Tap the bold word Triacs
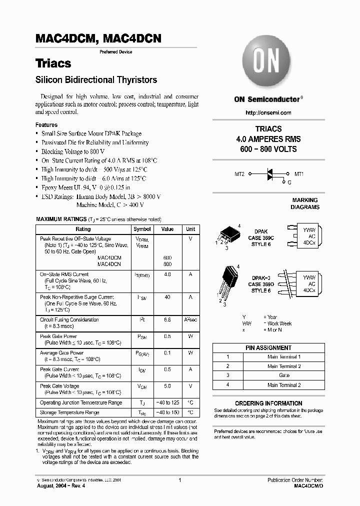tap(53, 63)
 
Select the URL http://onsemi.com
tap(268, 113)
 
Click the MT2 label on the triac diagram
tap(239, 174)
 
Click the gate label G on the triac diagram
tap(289, 182)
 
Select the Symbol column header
tap(142, 229)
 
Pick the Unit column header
tap(190, 229)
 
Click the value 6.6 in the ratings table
tap(167, 319)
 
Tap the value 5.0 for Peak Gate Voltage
tap(167, 386)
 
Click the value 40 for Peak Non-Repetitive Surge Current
tap(167, 297)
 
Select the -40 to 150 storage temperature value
tap(167, 412)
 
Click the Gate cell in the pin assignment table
tap(284, 375)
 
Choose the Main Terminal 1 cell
tap(284, 357)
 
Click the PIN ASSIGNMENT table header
tap(268, 348)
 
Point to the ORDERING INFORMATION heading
tap(268, 403)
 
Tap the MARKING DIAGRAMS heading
tap(305, 203)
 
